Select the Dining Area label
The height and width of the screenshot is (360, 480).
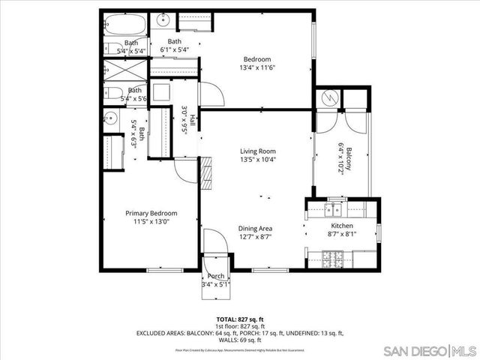(255, 228)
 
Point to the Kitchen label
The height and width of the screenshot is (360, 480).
(342, 226)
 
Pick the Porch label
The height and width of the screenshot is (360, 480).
(215, 276)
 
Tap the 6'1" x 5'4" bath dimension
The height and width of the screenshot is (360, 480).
(174, 49)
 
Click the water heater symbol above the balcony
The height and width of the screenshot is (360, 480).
(328, 98)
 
